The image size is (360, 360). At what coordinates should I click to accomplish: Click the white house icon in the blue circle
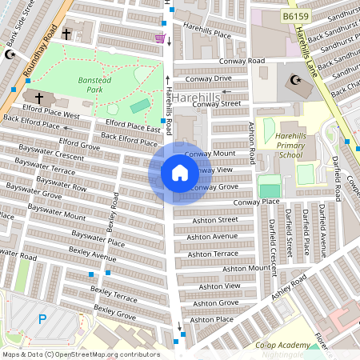click(180, 173)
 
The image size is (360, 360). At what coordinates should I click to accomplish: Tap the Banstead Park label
click(94, 85)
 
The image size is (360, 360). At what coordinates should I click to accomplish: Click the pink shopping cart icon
click(160, 38)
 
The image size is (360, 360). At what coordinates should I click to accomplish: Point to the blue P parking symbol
click(42, 319)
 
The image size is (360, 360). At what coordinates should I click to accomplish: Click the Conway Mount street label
click(233, 153)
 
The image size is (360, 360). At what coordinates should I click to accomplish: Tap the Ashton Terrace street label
click(212, 254)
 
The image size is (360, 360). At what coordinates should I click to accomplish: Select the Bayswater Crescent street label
click(49, 158)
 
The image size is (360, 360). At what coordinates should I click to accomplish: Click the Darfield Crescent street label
click(273, 238)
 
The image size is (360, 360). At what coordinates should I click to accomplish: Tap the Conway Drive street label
click(208, 78)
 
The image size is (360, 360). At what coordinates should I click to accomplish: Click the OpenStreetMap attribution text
click(81, 354)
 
